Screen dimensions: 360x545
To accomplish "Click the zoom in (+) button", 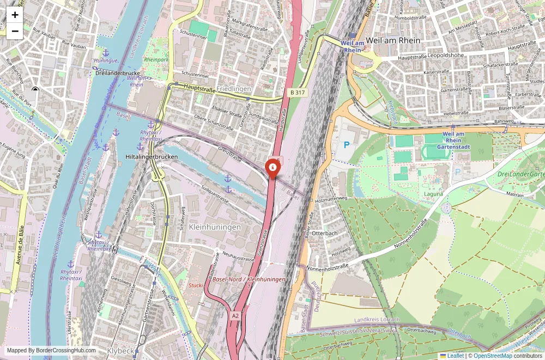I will pyautogui.click(x=15, y=15).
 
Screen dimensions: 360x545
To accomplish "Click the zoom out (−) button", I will pyautogui.click(x=15, y=31).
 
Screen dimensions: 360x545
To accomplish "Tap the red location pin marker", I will pyautogui.click(x=272, y=168).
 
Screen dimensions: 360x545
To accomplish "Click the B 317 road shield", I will pyautogui.click(x=297, y=93).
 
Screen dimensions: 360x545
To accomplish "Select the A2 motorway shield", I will pyautogui.click(x=235, y=315).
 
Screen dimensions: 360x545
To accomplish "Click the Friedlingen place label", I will pyautogui.click(x=234, y=89).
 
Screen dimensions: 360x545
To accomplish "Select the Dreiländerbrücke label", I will pyautogui.click(x=118, y=73).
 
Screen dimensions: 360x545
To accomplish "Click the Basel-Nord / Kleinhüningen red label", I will pyautogui.click(x=249, y=279).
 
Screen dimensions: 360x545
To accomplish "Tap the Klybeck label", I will pyautogui.click(x=120, y=351).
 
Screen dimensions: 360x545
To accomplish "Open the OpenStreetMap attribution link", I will pyautogui.click(x=493, y=356).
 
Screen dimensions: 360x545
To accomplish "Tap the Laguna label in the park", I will pyautogui.click(x=434, y=193).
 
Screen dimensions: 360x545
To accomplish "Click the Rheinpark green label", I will pyautogui.click(x=156, y=60).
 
